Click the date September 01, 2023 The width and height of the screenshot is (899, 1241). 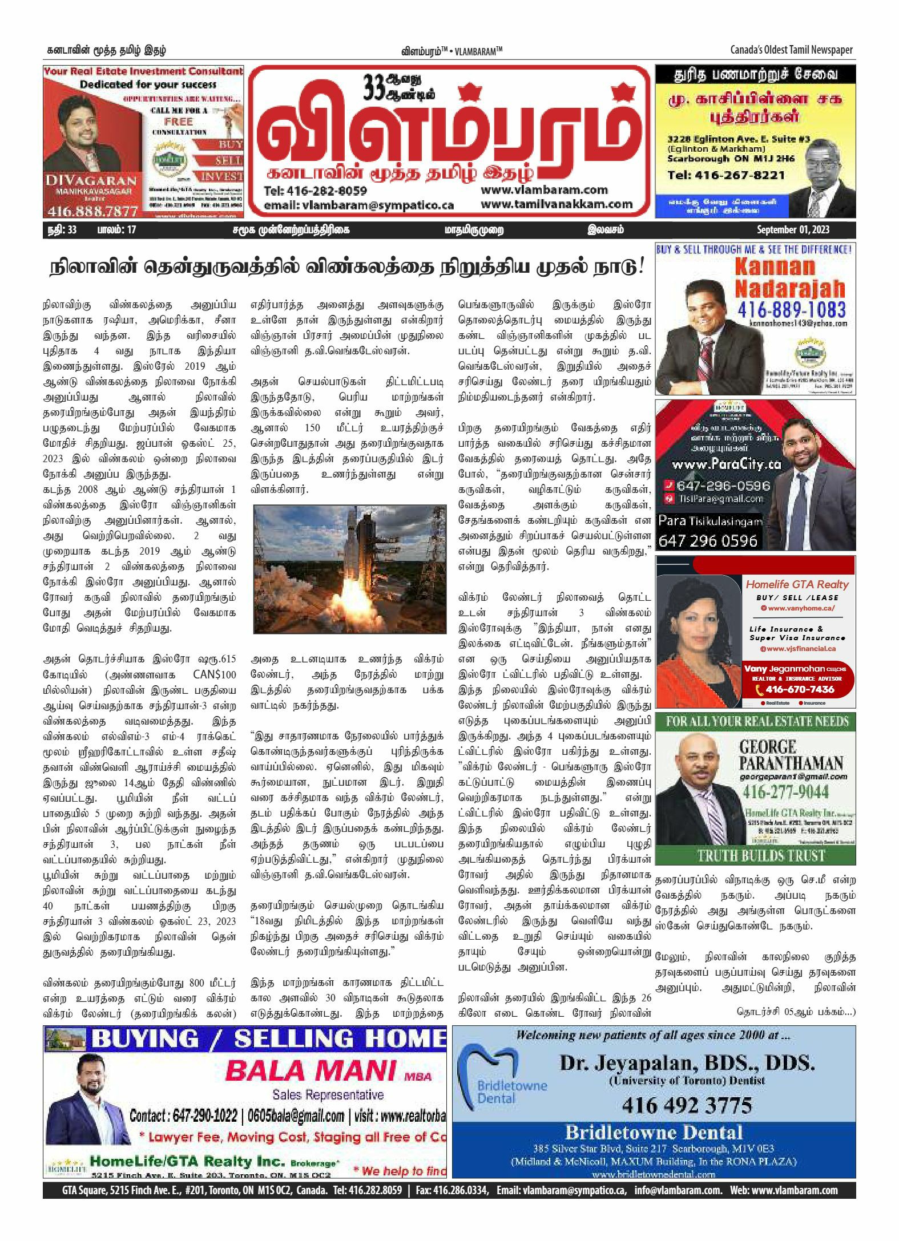(793, 230)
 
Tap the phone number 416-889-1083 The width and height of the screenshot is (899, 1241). (791, 310)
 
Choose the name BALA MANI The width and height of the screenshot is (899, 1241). (310, 1070)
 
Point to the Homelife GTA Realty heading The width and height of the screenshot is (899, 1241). (797, 584)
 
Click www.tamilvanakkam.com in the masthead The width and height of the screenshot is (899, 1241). (556, 204)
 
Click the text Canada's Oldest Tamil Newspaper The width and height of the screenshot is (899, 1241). (791, 50)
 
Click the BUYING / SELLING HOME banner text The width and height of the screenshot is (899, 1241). (268, 1038)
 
